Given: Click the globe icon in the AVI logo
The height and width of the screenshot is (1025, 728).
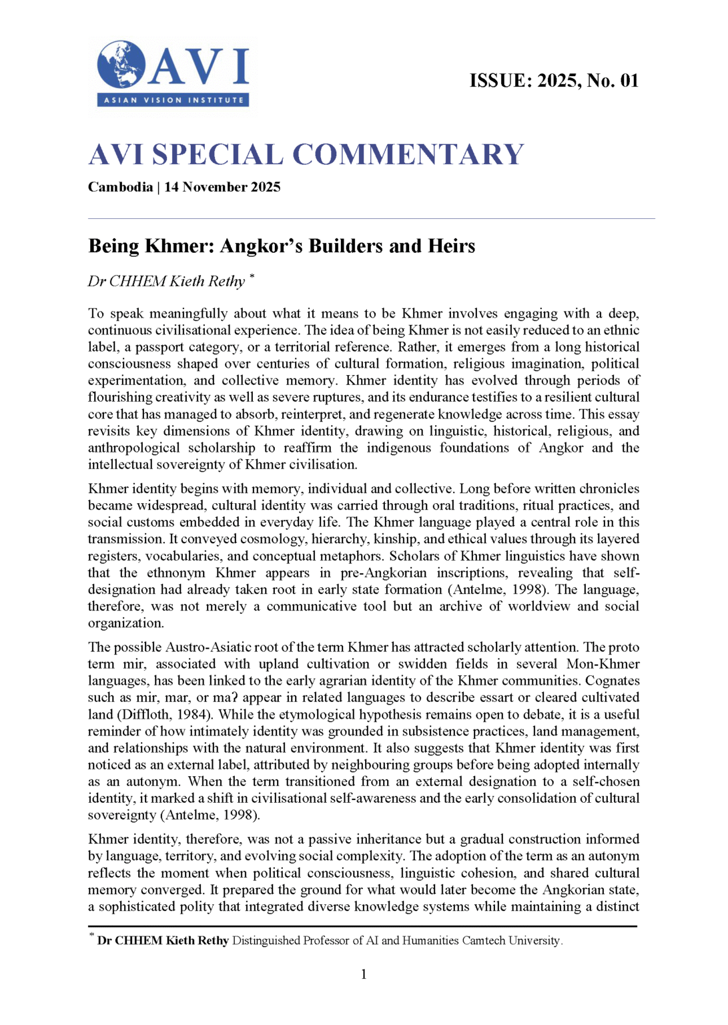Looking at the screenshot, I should pos(121,65).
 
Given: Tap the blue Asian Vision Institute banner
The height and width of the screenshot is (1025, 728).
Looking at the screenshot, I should pos(173,100).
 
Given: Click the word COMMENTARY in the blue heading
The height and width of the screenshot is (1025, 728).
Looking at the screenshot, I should pos(408,155).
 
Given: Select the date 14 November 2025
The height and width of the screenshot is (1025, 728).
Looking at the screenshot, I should pos(222,187).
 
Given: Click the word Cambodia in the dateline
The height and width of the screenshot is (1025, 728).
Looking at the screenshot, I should pos(120,187).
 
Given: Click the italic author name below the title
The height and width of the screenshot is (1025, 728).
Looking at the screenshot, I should pos(167,282).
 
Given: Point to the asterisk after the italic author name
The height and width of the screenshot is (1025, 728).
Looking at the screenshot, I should pos(252,276).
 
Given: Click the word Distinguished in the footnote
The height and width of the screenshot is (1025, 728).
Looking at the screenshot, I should pos(267,941).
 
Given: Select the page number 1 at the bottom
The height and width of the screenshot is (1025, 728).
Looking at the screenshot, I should pos(364,974).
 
